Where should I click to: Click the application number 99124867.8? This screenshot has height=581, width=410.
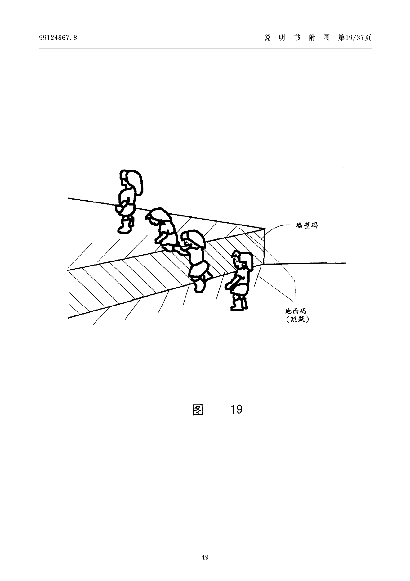58,38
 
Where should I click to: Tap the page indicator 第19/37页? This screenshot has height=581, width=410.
354,38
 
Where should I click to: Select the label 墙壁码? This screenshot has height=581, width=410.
307,225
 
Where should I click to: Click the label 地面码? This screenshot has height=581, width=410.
296,311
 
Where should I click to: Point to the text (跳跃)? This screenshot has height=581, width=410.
297,320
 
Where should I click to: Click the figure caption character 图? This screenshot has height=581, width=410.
198,410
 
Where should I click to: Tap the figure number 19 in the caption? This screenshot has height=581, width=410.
236,410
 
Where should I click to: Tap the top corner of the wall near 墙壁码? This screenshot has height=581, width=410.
265,229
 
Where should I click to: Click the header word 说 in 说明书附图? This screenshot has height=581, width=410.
267,38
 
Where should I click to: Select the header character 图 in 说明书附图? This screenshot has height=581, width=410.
326,38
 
